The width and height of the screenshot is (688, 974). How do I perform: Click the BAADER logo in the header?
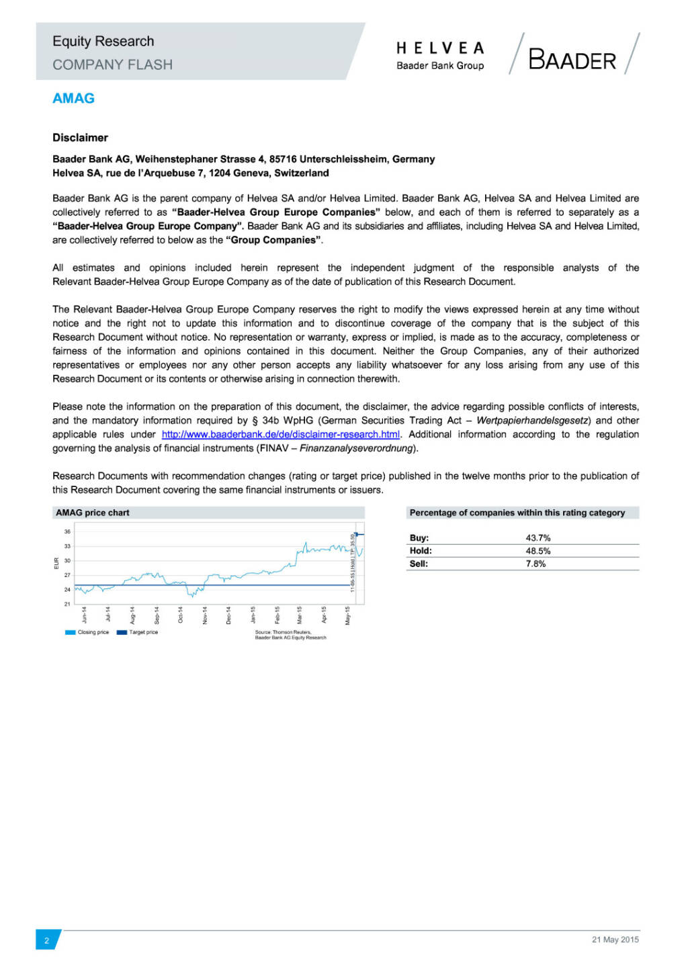pyautogui.click(x=572, y=60)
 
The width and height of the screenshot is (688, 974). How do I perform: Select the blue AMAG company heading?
pyautogui.click(x=73, y=98)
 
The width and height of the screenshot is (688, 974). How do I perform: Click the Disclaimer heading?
pyautogui.click(x=80, y=138)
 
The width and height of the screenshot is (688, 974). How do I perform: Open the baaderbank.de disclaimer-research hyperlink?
pyautogui.click(x=281, y=435)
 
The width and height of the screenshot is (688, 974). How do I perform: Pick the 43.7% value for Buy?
pyautogui.click(x=538, y=538)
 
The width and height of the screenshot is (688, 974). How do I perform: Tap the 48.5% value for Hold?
pyautogui.click(x=538, y=551)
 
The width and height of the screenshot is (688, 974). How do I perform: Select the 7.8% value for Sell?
pyautogui.click(x=535, y=564)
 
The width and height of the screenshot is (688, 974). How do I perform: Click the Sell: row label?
pyautogui.click(x=419, y=564)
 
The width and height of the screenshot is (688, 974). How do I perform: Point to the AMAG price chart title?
pyautogui.click(x=93, y=513)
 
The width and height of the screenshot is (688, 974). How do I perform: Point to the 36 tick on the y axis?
pyautogui.click(x=67, y=531)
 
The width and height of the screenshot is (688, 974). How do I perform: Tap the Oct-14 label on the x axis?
pyautogui.click(x=181, y=615)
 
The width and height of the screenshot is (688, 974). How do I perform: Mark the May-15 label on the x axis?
pyautogui.click(x=347, y=615)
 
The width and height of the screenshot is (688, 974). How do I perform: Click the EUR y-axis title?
pyautogui.click(x=56, y=563)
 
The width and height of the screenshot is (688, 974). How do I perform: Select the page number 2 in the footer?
pyautogui.click(x=46, y=940)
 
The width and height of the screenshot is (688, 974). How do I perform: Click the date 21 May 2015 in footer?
pyautogui.click(x=615, y=940)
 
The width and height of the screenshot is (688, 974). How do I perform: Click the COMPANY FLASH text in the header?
pyautogui.click(x=112, y=64)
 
